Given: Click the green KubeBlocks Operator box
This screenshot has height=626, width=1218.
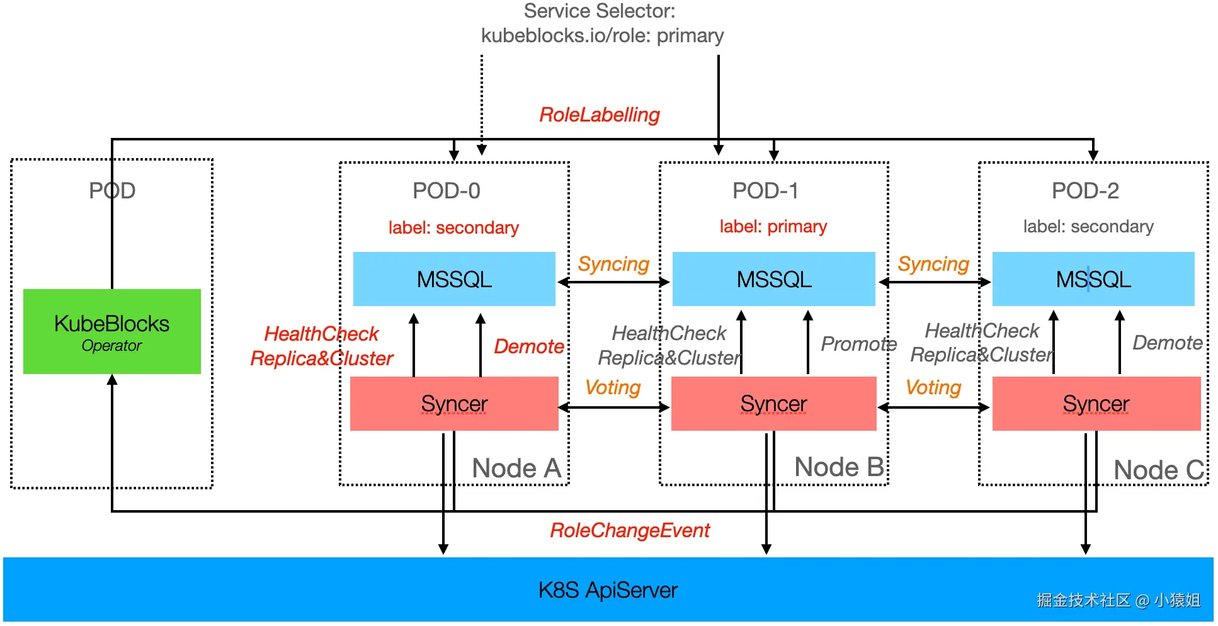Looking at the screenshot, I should [x=112, y=331].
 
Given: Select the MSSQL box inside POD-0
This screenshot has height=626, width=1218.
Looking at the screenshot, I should [x=454, y=279].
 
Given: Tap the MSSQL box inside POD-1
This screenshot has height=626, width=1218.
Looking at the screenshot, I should [x=774, y=279].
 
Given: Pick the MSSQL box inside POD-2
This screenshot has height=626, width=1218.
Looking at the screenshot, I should [x=1093, y=279].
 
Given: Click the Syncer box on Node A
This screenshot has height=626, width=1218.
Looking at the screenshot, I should [x=454, y=404].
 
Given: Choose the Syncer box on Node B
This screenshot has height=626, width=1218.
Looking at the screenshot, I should [x=774, y=404].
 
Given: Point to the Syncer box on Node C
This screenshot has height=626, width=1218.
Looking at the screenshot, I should [x=1096, y=404].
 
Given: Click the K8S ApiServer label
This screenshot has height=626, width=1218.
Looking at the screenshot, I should [x=608, y=590].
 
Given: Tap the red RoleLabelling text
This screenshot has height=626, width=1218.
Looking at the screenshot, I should [x=600, y=115].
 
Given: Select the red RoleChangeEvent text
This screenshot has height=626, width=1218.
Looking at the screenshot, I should [x=630, y=530].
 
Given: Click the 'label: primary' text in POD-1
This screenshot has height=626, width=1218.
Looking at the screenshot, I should [x=773, y=226].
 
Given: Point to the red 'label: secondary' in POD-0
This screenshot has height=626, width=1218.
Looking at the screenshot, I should [x=453, y=227].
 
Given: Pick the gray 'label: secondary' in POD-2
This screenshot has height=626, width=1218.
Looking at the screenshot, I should [x=1088, y=226].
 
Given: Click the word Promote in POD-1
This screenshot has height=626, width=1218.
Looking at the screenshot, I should [x=858, y=344].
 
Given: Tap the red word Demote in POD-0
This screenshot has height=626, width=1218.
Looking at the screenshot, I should [x=529, y=346].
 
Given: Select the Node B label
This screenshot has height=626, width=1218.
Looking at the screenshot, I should [x=839, y=467].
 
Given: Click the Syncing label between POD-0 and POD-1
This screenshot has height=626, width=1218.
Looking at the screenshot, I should [x=613, y=264].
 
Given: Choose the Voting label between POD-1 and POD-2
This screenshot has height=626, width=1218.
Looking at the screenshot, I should [x=933, y=387].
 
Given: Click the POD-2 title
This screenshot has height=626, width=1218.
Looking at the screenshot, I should [x=1085, y=191].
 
